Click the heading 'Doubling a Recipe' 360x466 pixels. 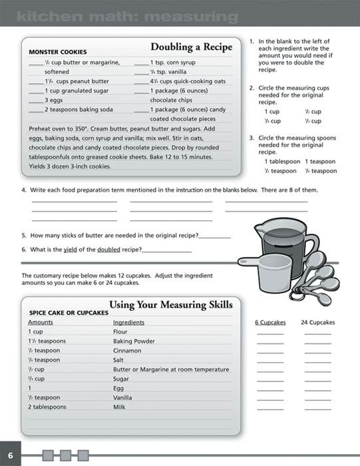191,47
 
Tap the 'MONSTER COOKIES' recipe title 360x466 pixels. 58,51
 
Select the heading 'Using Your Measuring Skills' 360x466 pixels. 171,305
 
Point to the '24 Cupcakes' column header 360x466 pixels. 317,322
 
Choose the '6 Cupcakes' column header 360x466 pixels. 270,322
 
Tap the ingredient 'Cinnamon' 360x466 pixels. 127,350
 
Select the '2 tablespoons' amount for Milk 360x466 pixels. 47,407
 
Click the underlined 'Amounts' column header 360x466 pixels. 41,322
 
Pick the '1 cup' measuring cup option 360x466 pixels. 272,112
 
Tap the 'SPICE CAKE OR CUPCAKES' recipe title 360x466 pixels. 69,312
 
